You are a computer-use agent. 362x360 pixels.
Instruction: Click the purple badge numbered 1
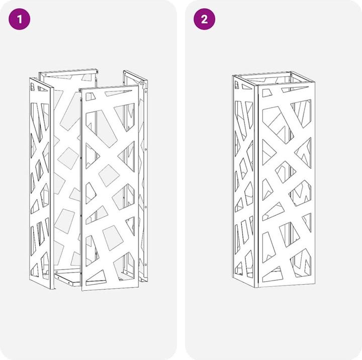(x=20, y=19)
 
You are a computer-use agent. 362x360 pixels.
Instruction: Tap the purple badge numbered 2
(x=204, y=19)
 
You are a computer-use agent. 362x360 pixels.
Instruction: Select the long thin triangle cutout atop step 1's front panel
(x=118, y=92)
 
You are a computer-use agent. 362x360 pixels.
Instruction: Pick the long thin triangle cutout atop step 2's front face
(x=294, y=89)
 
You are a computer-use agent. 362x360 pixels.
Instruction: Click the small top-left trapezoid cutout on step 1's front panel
(x=90, y=97)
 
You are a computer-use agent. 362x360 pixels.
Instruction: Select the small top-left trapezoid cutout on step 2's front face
(x=267, y=93)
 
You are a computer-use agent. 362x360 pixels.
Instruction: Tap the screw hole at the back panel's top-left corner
(x=45, y=75)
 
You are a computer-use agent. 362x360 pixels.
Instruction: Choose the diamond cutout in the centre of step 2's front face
(x=286, y=172)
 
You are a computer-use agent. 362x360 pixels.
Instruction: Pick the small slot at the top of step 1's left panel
(x=33, y=87)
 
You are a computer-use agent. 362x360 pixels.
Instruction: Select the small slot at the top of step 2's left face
(x=236, y=84)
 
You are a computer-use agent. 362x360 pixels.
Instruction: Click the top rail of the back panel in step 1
(x=68, y=72)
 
